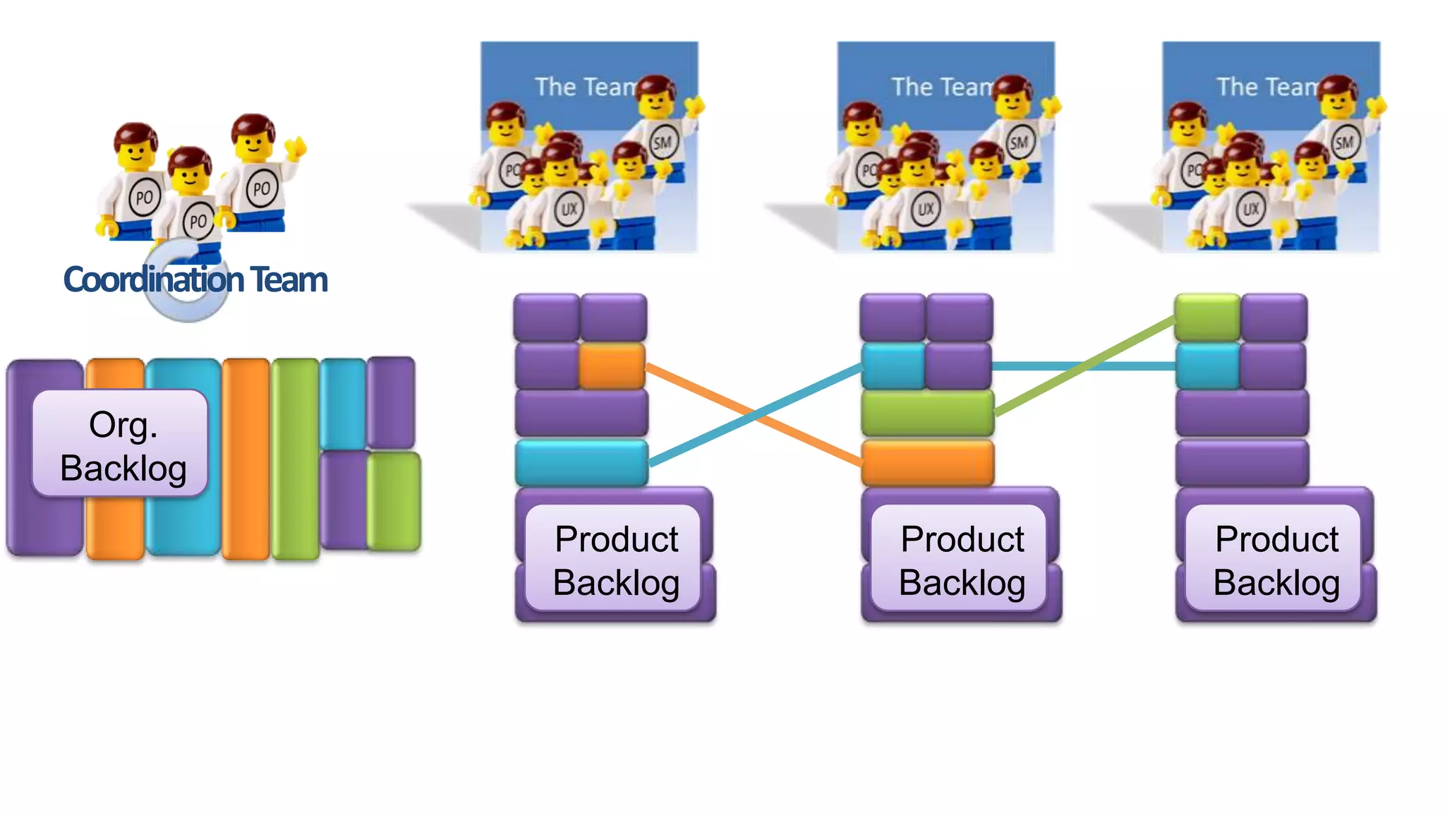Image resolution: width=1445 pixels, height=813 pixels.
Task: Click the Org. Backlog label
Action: (121, 445)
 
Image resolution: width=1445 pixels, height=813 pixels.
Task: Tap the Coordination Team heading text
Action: (195, 279)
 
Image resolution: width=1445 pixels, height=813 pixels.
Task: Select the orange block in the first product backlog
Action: (612, 366)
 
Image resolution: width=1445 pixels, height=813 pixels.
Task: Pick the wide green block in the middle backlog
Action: (927, 414)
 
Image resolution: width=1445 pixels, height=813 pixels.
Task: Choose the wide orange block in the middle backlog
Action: (927, 462)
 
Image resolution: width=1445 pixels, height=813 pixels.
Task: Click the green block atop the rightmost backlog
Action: (1207, 318)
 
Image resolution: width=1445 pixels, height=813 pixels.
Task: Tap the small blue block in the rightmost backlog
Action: (1207, 366)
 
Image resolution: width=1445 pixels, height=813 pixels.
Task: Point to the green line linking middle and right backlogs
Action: (1087, 365)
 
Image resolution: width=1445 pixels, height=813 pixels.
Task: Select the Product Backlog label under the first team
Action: (615, 560)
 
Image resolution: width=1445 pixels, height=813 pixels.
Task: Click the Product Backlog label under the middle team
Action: (962, 560)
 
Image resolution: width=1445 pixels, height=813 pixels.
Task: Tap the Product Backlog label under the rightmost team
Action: (1276, 560)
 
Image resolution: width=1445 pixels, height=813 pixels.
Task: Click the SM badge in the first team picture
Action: (662, 143)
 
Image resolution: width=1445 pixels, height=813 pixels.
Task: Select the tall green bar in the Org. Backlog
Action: (296, 459)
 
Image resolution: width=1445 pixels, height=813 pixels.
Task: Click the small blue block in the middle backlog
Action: (893, 366)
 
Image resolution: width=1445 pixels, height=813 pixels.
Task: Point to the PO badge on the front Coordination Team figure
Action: (198, 222)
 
